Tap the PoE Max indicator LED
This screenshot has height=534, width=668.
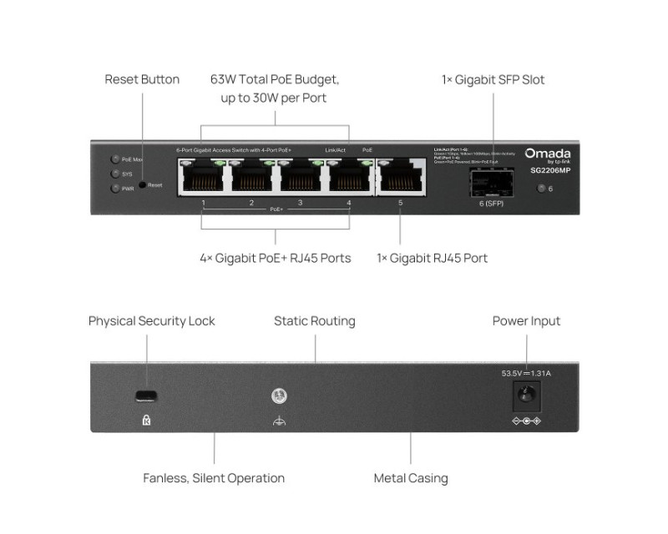(114, 159)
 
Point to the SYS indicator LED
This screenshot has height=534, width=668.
(114, 174)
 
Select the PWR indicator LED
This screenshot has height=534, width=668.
(114, 189)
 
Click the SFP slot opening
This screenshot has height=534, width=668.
(493, 182)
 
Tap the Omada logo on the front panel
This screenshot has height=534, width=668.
(548, 154)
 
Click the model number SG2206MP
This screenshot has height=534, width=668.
(550, 170)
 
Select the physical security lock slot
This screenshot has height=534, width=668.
(147, 395)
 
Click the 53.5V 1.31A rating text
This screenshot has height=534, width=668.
(526, 373)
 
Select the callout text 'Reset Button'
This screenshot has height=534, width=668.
(142, 79)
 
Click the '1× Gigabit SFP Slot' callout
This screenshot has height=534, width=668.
(493, 80)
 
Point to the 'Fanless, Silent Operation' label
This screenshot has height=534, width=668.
(214, 478)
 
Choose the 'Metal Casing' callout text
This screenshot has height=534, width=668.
(411, 478)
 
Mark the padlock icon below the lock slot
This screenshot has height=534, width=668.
(147, 421)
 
